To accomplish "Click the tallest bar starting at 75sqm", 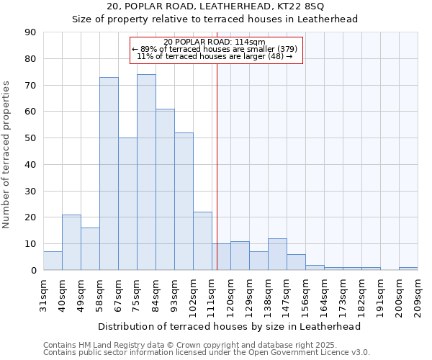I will point(146,172).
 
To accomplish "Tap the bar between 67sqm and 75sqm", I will point(127,204).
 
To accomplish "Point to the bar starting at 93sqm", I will point(184,202).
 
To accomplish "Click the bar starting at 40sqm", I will point(71,242).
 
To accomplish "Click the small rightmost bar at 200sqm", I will point(408,269).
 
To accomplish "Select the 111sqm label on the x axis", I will point(212,294).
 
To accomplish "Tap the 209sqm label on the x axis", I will point(418,294).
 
